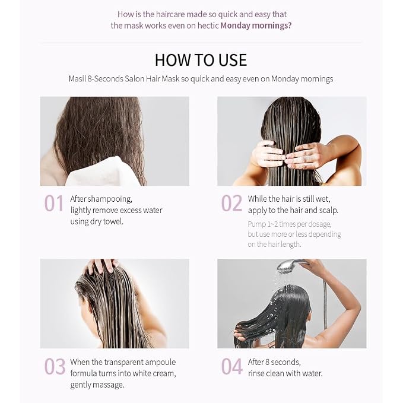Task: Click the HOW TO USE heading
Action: coord(201,60)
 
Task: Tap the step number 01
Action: coord(54,204)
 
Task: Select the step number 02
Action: coord(231,204)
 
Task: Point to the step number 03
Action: coord(55,366)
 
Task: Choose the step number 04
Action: coord(231,366)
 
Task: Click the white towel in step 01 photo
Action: coord(103,172)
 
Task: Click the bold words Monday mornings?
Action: coord(256,26)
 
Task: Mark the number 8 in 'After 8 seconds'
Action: coord(267,362)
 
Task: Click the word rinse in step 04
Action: coord(256,373)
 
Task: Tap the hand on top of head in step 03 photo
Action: coord(102,265)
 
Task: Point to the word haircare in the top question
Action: coord(170,14)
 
